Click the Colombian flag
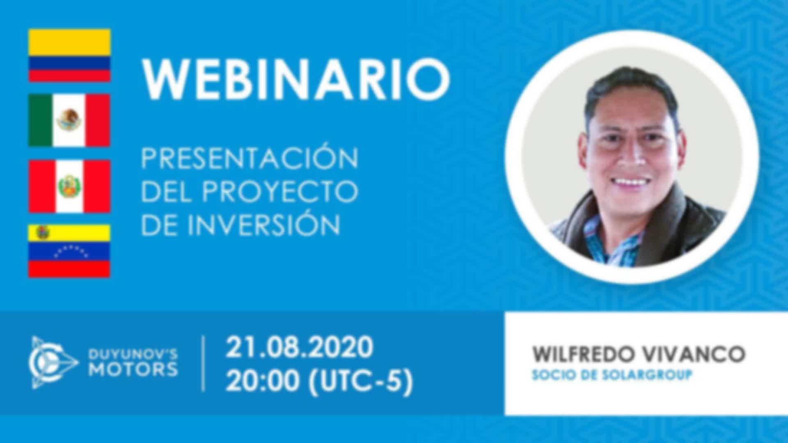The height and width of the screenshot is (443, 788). click(x=69, y=55)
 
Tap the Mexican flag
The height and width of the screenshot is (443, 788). click(x=69, y=120)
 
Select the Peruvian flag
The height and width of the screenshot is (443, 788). click(x=69, y=186)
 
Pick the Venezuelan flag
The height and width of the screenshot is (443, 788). click(x=69, y=251)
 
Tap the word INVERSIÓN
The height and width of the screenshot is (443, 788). click(x=264, y=224)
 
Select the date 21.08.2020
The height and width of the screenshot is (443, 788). click(x=299, y=347)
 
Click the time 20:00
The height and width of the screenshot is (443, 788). click(x=262, y=381)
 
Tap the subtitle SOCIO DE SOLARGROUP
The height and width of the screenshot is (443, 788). click(x=612, y=374)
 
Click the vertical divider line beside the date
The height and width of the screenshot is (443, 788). click(x=204, y=363)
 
